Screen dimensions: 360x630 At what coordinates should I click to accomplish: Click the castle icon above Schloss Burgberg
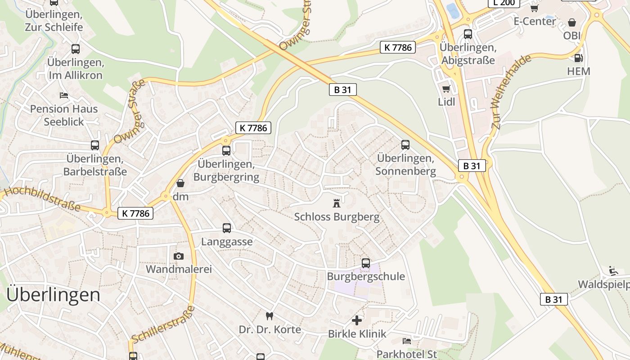point(337,203)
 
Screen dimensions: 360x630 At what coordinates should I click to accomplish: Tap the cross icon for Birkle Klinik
point(357,320)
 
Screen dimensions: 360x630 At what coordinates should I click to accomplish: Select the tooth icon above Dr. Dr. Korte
point(270,316)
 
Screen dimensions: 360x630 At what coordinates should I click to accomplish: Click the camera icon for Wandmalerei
point(179,256)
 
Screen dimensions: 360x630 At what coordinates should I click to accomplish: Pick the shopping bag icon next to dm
point(180,183)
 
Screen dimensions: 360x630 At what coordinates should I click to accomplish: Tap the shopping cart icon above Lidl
point(446,89)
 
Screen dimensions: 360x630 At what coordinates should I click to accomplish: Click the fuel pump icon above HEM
point(578,58)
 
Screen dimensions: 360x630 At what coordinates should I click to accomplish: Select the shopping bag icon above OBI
point(572,22)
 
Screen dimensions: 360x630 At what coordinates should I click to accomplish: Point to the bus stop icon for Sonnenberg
point(405,145)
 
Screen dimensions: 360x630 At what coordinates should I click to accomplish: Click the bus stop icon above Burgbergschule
point(366,263)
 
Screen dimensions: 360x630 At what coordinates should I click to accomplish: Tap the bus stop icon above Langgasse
point(227,228)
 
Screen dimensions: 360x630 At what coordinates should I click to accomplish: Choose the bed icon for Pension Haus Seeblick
point(64,95)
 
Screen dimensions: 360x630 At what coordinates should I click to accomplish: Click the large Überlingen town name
point(54,295)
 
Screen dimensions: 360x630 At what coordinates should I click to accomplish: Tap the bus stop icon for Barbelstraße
point(95,145)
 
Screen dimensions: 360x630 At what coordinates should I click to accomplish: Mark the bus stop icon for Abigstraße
point(468,34)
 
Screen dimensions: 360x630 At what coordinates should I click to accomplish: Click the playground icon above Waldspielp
point(613,270)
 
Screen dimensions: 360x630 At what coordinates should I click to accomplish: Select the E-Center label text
point(535,21)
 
